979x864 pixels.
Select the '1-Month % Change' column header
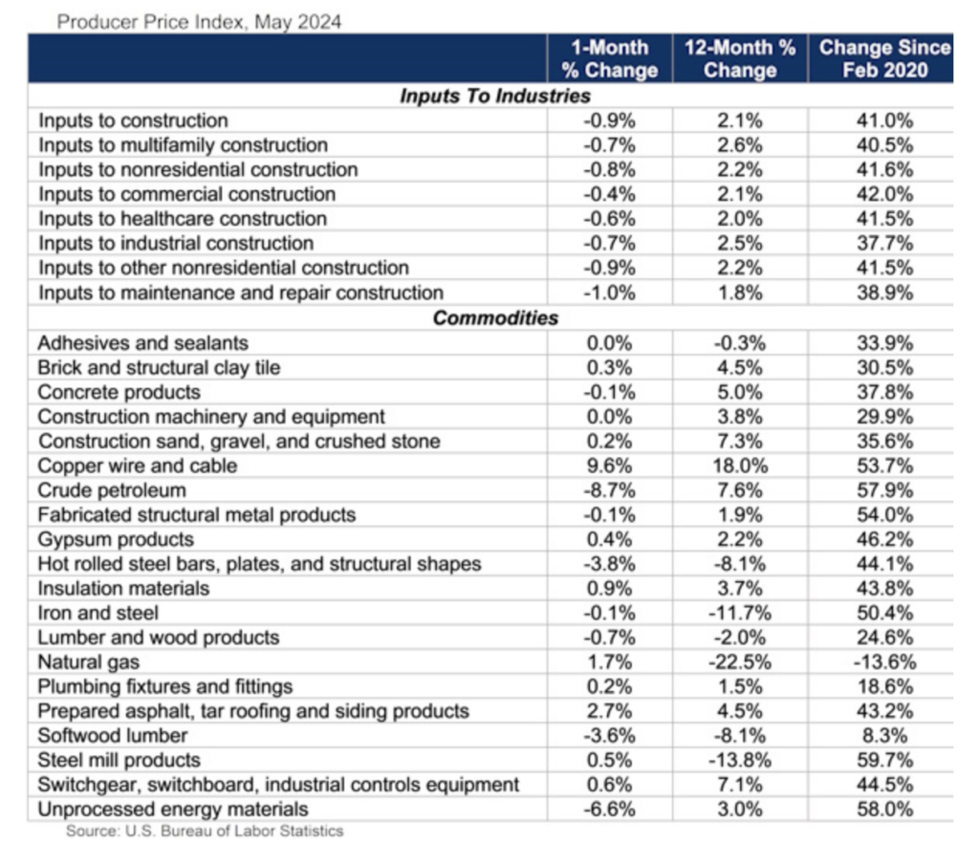[x=609, y=58]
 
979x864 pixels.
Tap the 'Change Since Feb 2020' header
[x=884, y=58]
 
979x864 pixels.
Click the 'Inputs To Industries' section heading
[x=494, y=97]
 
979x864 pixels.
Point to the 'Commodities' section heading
[x=494, y=318]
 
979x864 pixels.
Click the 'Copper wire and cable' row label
[x=138, y=466]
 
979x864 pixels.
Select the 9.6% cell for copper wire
[x=609, y=466]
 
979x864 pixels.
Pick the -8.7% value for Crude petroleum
[x=609, y=491]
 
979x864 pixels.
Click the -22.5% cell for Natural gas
[x=739, y=662]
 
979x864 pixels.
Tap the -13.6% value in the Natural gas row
[x=884, y=662]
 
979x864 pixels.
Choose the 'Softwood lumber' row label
[x=113, y=736]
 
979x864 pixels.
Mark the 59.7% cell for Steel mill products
[x=884, y=761]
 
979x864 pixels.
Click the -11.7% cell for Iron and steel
[x=739, y=613]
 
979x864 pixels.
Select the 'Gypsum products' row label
[x=116, y=540]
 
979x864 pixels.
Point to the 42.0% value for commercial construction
[x=884, y=195]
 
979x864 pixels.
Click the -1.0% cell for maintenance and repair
[x=609, y=293]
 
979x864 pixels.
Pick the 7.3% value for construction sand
[x=739, y=442]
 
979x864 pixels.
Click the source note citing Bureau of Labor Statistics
[x=205, y=832]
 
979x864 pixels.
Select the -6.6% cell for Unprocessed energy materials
[x=609, y=810]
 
